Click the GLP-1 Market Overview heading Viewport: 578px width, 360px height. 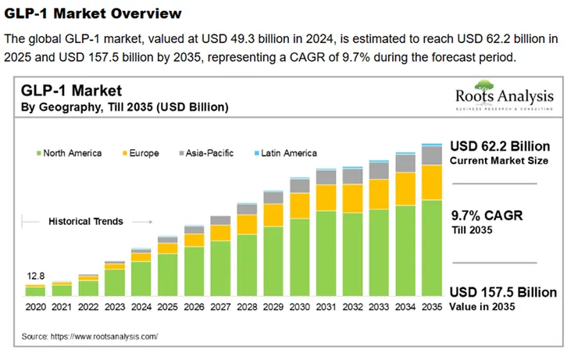(x=93, y=13)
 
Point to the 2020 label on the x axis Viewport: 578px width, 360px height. (x=35, y=309)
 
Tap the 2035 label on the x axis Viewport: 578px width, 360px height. (x=431, y=309)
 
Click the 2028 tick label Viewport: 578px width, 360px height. (x=247, y=309)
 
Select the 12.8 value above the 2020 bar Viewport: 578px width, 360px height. (x=35, y=276)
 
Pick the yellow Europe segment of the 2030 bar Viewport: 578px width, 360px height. (x=300, y=205)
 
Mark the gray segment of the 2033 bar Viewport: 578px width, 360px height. (x=379, y=170)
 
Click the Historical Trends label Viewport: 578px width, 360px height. (x=86, y=222)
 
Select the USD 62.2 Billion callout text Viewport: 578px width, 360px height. (x=500, y=146)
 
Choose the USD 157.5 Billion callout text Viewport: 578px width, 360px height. (x=503, y=292)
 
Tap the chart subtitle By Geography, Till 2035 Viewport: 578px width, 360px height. (x=124, y=106)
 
